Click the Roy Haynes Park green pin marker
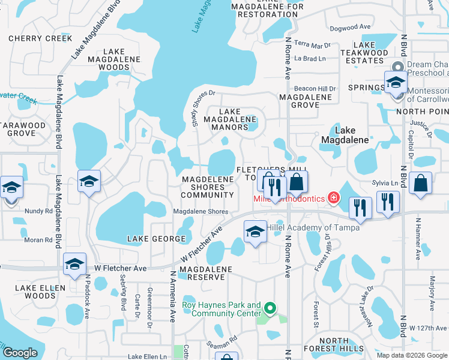pyautogui.click(x=270, y=310)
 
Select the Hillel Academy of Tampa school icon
pyautogui.click(x=255, y=232)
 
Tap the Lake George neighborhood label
pyautogui.click(x=157, y=239)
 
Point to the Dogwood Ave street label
pyautogui.click(x=350, y=27)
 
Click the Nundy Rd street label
pyautogui.click(x=39, y=211)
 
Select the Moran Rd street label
pyautogui.click(x=39, y=240)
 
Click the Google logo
pyautogui.click(x=20, y=352)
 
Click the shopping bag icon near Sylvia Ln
pyautogui.click(x=422, y=185)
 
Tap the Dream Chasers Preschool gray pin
pyautogui.click(x=397, y=66)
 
